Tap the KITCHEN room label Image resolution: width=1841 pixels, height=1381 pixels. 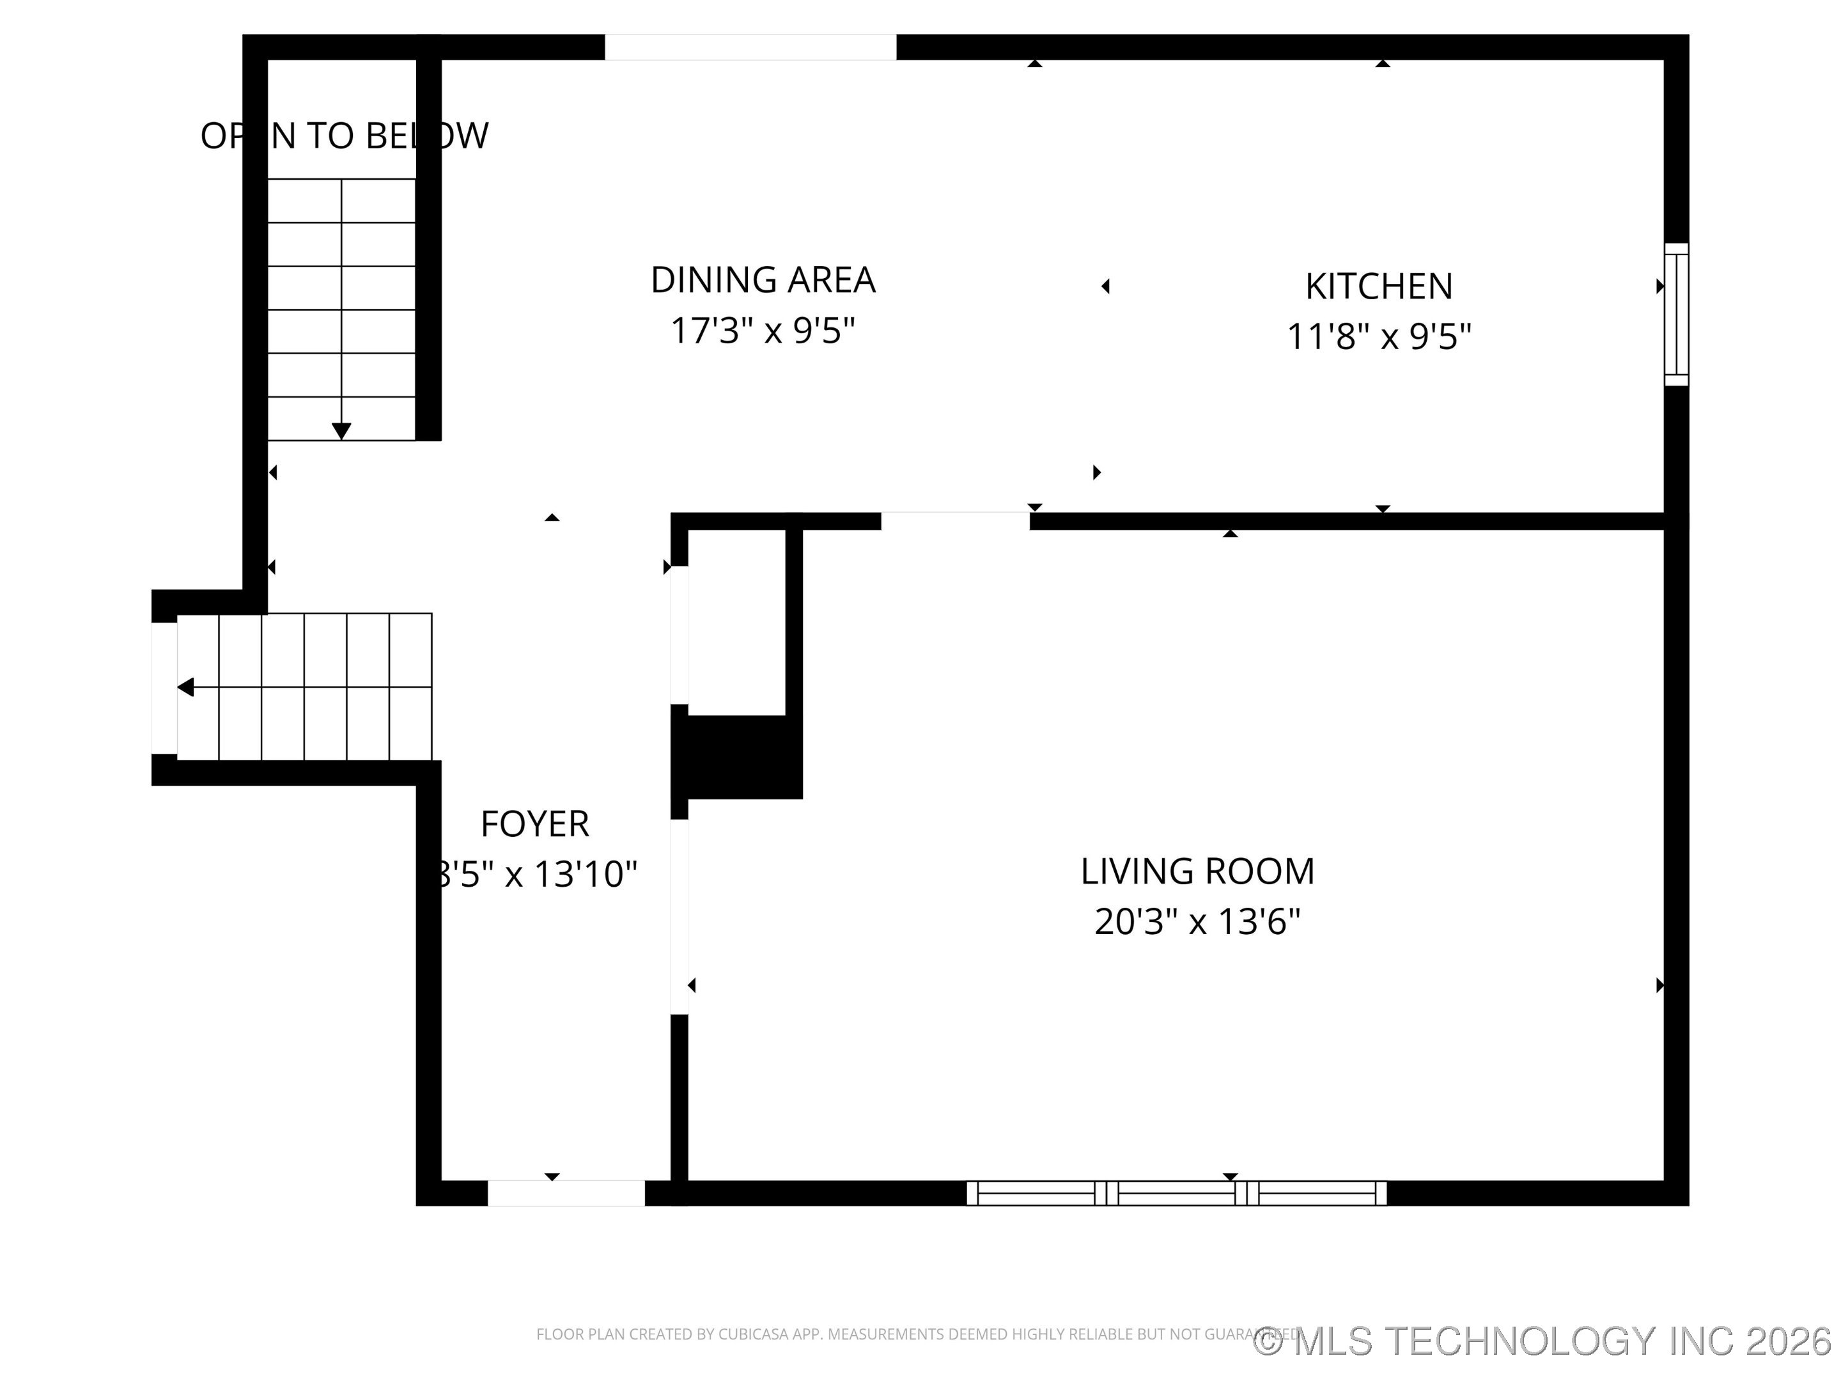pyautogui.click(x=1378, y=287)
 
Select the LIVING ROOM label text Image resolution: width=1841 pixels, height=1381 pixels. pyautogui.click(x=1197, y=871)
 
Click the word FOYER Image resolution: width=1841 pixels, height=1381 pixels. pyautogui.click(x=534, y=824)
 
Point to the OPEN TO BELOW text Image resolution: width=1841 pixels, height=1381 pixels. pyautogui.click(x=344, y=136)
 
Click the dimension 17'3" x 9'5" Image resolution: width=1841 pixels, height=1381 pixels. pyautogui.click(x=763, y=331)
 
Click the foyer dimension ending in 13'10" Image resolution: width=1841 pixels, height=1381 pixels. pyautogui.click(x=537, y=875)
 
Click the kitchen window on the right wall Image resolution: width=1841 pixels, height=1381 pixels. pyautogui.click(x=1675, y=315)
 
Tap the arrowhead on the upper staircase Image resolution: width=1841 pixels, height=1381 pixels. pyautogui.click(x=341, y=431)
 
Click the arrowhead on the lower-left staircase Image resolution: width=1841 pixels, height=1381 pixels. pyautogui.click(x=185, y=687)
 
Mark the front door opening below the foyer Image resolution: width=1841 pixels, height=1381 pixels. pyautogui.click(x=566, y=1193)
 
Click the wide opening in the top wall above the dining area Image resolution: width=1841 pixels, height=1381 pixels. pyautogui.click(x=750, y=47)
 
